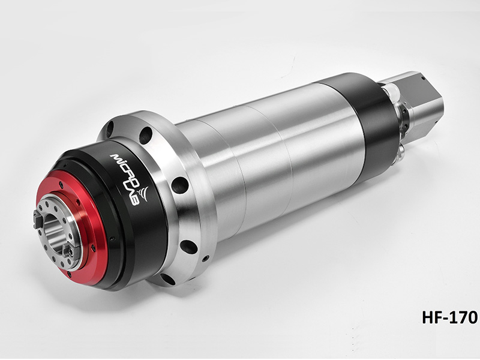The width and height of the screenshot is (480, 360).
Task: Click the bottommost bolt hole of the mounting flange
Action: tap(169, 278)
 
